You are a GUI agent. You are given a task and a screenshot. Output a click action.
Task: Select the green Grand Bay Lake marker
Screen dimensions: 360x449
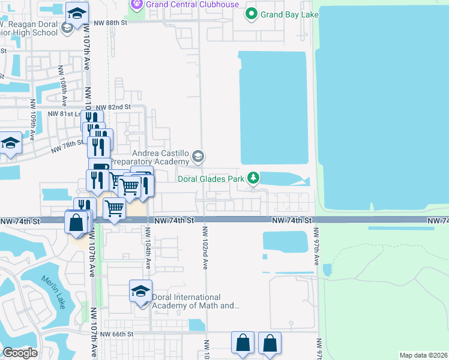coord(252,14)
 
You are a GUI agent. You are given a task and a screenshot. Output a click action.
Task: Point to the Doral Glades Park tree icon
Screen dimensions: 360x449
coord(254,178)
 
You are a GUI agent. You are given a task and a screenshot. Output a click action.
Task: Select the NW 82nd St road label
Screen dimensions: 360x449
coord(113,107)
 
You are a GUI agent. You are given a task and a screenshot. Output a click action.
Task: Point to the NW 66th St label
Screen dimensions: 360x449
coord(116,334)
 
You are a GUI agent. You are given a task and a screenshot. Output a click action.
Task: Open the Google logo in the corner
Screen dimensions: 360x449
coord(20,353)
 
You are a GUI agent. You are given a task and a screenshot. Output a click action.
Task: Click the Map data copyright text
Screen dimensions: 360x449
coord(424,355)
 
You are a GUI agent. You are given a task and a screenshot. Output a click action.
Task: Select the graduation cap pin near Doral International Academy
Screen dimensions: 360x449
coord(140,292)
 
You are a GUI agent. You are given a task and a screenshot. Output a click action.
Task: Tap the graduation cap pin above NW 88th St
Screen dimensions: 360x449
coord(77,13)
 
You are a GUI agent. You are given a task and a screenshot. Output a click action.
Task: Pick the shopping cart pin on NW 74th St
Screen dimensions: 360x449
coord(114,209)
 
